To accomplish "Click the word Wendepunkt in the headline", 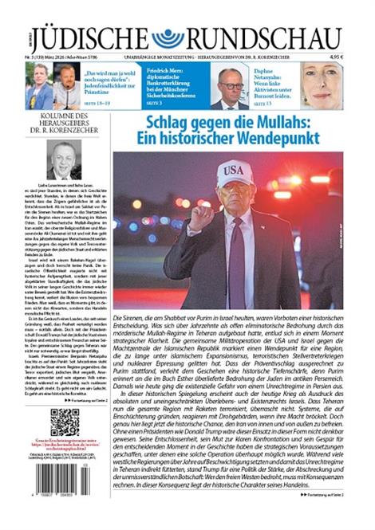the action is click(x=271, y=139).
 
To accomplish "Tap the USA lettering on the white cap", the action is click(x=233, y=172).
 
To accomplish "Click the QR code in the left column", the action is click(x=65, y=422).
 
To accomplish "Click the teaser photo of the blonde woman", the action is click(x=322, y=86).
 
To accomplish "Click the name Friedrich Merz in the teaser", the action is click(x=164, y=71).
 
